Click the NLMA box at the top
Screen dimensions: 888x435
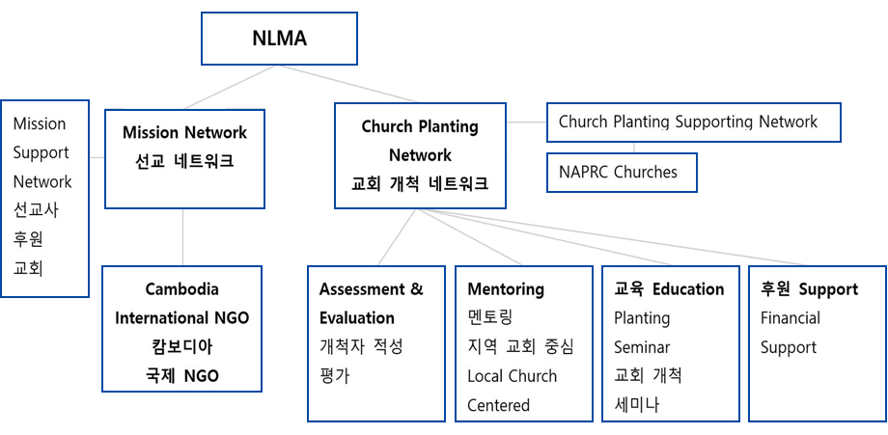coord(279,39)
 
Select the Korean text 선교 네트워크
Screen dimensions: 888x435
coord(184,161)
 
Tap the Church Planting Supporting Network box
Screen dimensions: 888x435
coord(693,122)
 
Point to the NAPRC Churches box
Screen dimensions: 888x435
coord(622,172)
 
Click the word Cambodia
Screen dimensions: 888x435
coord(181,289)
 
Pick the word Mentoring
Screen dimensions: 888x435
coord(506,289)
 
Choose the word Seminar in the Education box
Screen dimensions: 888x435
coord(642,347)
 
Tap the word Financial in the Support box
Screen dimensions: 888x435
coord(790,318)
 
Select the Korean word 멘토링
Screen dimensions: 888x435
coord(490,318)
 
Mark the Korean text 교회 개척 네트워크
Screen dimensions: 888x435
coord(420,184)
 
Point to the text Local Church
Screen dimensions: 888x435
coord(512,376)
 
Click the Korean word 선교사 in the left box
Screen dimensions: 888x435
coord(36,210)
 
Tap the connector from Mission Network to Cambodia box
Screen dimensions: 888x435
coord(183,237)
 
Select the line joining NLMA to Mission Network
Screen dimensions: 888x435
coord(230,87)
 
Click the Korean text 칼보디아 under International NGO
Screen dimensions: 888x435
coord(181,347)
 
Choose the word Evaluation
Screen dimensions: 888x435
coord(357,318)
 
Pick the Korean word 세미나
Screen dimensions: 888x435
coord(636,405)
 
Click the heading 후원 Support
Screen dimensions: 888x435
coord(809,289)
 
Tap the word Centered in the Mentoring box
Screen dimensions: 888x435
coord(498,405)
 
